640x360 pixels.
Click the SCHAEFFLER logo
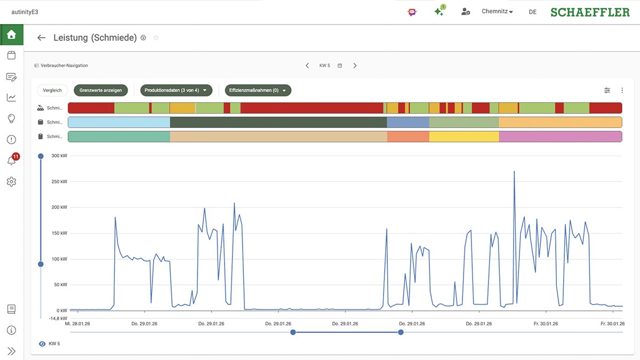[590, 12]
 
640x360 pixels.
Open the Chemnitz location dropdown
[497, 12]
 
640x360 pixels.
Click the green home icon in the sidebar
[11, 35]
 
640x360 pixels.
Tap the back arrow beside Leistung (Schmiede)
[41, 38]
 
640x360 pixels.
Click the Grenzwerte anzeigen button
[101, 91]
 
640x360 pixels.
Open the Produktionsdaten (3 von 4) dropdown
[176, 91]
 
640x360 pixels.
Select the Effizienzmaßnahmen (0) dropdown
[258, 91]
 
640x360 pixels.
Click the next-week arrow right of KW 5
[355, 66]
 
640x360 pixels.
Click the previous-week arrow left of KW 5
[307, 66]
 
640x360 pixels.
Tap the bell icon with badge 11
[12, 161]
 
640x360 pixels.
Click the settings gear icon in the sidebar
[11, 182]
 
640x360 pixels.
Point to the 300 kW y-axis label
[59, 156]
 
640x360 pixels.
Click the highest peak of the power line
[514, 172]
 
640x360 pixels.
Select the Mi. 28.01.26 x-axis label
[78, 324]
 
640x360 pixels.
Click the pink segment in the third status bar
[560, 137]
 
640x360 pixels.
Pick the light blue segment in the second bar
[119, 122]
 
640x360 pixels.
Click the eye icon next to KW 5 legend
[42, 344]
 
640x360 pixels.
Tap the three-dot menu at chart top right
[622, 91]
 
